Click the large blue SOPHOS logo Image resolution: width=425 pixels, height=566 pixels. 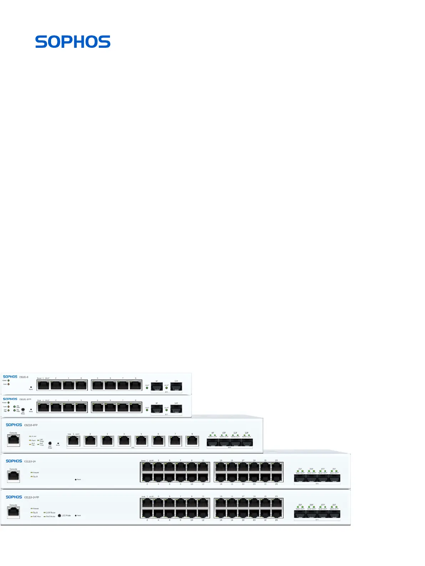coord(73,42)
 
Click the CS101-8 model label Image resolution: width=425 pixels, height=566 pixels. coord(24,377)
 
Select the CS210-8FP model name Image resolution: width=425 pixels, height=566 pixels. coord(31,425)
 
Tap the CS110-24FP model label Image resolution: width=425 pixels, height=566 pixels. coord(32,497)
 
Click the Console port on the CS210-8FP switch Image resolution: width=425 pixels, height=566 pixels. coord(14,440)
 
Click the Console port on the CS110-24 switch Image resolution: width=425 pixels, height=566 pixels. coord(14,476)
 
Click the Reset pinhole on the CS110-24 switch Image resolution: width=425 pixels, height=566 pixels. coord(76,480)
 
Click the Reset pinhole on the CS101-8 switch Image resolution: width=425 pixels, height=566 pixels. coord(31,387)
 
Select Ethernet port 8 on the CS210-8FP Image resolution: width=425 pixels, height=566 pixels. coord(192,441)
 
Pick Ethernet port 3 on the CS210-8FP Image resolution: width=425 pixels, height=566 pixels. coord(107,441)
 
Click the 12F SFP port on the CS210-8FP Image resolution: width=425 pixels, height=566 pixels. coord(247,443)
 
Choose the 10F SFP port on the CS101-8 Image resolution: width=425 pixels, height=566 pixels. coord(176,386)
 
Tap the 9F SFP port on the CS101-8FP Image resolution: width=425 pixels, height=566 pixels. coord(157,409)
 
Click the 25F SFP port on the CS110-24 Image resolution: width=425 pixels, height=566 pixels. coord(300,478)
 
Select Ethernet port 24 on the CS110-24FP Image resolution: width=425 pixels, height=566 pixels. coord(277,514)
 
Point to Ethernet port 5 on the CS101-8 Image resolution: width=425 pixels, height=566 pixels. coord(97,385)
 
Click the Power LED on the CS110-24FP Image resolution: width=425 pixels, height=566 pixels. coord(32,509)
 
